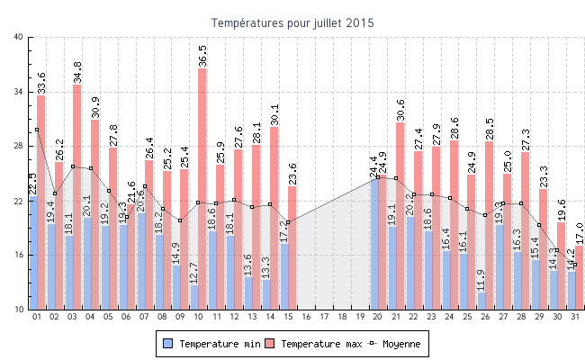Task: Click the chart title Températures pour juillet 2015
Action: click(292, 22)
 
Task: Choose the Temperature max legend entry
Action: click(314, 344)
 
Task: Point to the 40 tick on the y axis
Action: click(19, 38)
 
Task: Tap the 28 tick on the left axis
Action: click(19, 147)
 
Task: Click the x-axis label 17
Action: click(324, 317)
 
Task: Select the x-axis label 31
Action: click(575, 317)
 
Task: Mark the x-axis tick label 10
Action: click(198, 317)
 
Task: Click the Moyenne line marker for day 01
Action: click(37, 130)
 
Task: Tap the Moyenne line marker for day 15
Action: click(288, 221)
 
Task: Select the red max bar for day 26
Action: click(490, 225)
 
